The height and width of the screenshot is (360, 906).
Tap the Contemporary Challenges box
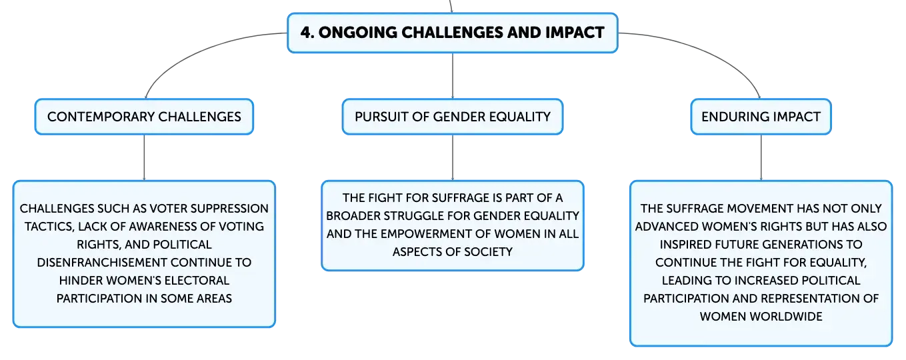tap(144, 117)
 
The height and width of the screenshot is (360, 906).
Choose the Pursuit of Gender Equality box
tap(453, 117)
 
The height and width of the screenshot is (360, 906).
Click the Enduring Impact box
tap(761, 117)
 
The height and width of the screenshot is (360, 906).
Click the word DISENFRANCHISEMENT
tap(101, 263)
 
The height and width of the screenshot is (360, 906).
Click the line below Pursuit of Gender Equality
tap(453, 157)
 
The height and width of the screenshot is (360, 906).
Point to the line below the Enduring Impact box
tap(761, 157)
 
